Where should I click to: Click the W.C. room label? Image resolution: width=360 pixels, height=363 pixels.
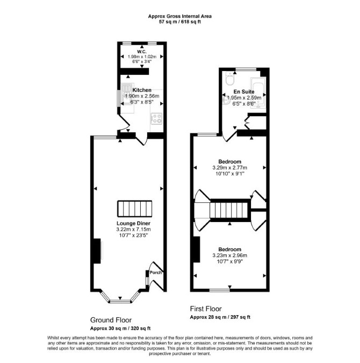click(x=142, y=52)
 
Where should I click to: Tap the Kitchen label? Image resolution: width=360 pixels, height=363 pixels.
click(x=142, y=90)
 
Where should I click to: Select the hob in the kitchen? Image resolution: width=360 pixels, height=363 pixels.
click(x=156, y=118)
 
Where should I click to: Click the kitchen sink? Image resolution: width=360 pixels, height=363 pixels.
click(x=127, y=94)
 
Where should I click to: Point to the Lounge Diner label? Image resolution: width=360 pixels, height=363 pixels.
click(x=133, y=223)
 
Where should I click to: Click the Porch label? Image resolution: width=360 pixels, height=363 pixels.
click(x=155, y=273)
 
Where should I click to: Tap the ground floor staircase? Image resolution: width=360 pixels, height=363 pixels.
click(x=135, y=209)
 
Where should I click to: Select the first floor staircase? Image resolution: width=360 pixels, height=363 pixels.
click(x=230, y=210)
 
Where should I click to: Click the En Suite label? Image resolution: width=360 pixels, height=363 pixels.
click(x=244, y=91)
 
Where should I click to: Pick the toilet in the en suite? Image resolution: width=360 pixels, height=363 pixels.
click(x=230, y=79)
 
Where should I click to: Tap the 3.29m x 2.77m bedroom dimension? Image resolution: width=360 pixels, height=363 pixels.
click(x=230, y=168)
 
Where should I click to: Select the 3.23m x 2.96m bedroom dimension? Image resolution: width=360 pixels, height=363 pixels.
click(x=230, y=255)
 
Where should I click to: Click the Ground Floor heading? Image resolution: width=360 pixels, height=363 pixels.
click(x=111, y=320)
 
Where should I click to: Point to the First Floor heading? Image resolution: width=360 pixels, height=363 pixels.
click(x=206, y=309)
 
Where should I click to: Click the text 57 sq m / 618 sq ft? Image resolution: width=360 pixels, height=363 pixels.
click(x=180, y=22)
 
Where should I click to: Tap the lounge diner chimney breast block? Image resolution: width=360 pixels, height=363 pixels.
click(x=97, y=251)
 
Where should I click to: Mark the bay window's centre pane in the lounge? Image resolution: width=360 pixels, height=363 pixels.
click(x=120, y=301)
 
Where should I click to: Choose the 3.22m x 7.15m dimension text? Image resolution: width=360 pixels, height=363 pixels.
click(x=133, y=230)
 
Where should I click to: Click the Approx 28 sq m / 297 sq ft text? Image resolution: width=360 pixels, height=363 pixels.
click(x=220, y=317)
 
